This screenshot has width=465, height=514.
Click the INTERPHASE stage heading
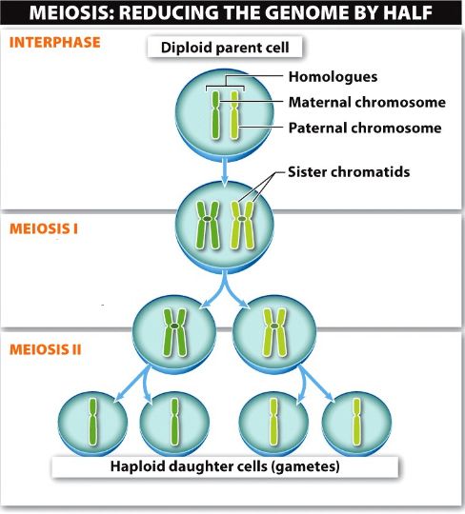coord(55,43)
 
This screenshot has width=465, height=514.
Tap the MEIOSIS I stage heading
coord(44,228)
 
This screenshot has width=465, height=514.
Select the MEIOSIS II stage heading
coord(46,349)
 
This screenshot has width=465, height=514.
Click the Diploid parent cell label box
coord(225,48)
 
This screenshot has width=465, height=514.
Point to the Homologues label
coord(333,77)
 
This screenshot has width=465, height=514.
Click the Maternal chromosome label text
coord(367,102)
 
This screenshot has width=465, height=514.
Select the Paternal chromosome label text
coord(365,128)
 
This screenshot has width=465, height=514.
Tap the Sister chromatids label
coord(349,171)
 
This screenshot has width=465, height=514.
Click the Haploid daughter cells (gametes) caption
coord(225,466)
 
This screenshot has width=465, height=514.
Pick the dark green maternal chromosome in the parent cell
coord(215,115)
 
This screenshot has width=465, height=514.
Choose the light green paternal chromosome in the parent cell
coord(234,115)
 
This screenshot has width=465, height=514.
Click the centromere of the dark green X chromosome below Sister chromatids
coord(208,219)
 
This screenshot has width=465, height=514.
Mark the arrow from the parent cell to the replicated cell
coord(225,172)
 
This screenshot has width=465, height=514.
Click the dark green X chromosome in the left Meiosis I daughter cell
coord(175,332)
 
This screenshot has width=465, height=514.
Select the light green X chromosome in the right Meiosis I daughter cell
coord(274,332)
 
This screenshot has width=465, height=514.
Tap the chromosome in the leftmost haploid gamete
coord(93,422)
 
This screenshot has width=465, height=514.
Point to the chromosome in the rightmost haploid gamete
coord(356,422)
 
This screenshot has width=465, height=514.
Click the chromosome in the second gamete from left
coord(175,422)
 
